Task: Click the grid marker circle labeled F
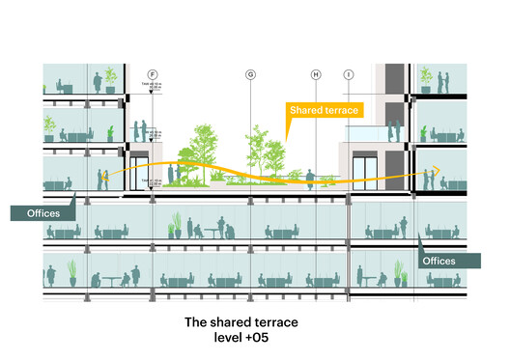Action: point(153,74)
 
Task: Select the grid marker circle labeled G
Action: point(250,74)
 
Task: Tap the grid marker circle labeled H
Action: point(316,74)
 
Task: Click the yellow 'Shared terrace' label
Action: point(324,111)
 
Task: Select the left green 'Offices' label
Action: point(37,211)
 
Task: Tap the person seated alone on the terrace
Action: point(311,178)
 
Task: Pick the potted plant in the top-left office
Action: point(111,78)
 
